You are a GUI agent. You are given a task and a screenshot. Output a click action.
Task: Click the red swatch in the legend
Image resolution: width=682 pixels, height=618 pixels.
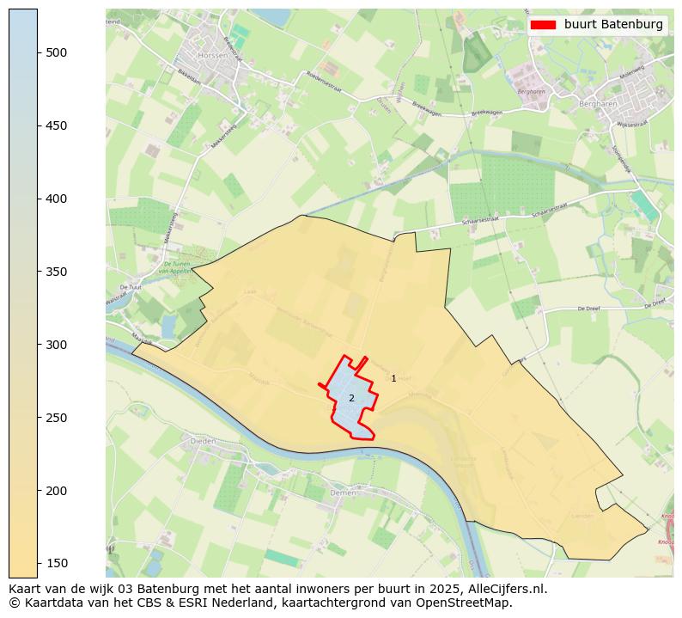click(544, 25)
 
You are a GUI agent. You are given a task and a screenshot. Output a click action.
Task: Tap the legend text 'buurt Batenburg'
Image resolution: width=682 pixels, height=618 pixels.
click(613, 25)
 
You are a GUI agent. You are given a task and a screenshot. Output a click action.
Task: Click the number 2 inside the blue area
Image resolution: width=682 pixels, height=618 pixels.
click(351, 398)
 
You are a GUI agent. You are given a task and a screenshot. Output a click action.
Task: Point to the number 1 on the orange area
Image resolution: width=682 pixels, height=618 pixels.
click(393, 378)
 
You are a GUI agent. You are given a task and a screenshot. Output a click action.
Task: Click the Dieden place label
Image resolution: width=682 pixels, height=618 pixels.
click(203, 440)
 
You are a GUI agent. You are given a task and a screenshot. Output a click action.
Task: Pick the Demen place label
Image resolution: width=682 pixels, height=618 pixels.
click(343, 493)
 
